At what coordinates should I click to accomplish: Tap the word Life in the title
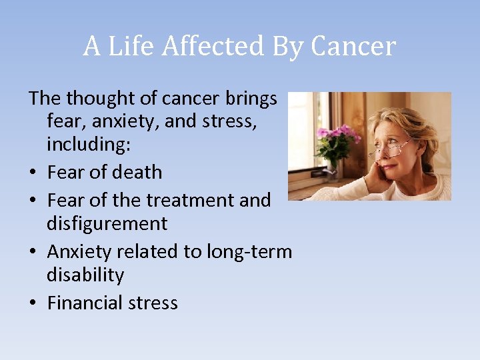tap(129, 47)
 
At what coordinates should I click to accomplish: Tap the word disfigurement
tap(107, 223)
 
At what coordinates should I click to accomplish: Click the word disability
tap(85, 275)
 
